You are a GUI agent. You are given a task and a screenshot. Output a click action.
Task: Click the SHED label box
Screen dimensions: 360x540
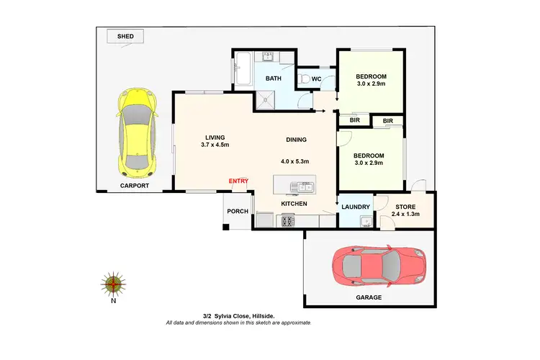125,35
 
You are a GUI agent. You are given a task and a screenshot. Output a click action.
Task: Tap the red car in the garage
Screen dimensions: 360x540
379,266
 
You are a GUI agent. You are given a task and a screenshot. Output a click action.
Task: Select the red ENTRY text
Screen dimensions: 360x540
238,181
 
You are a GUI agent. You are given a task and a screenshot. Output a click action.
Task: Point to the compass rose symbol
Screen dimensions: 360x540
112,285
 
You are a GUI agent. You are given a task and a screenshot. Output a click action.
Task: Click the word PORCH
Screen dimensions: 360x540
237,211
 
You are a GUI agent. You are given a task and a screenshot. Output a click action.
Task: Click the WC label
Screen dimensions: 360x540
315,78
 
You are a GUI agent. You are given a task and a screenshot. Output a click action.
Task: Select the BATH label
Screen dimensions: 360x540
273,78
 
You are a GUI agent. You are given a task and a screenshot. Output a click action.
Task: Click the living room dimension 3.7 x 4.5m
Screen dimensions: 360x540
215,145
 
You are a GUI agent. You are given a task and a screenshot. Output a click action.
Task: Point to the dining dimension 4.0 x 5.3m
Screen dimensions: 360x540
295,161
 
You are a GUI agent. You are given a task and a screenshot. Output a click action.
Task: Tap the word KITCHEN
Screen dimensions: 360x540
294,204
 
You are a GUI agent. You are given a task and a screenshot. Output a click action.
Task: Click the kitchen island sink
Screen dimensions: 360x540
302,188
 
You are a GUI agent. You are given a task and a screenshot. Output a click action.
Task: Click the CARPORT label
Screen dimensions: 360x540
135,186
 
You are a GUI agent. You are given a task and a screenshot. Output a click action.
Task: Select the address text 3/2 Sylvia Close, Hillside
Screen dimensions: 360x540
238,315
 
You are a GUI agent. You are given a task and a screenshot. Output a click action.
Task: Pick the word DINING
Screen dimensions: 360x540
296,140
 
